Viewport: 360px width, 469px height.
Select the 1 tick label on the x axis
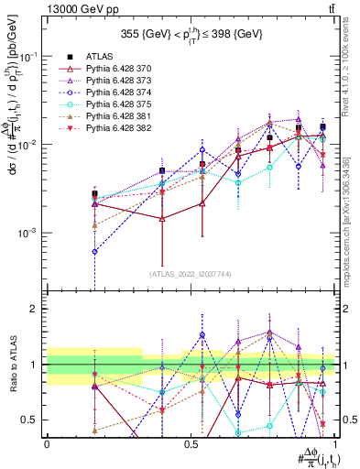click(335, 443)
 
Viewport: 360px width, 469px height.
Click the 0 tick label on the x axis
click(47, 443)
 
